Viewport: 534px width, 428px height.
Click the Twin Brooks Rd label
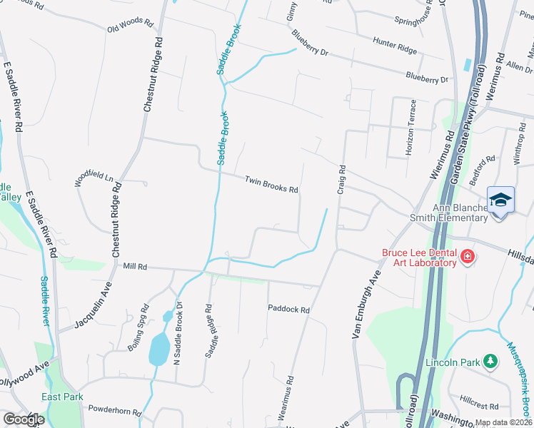click(271, 185)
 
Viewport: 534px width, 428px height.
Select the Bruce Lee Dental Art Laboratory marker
click(467, 256)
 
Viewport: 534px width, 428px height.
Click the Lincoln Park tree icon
click(490, 362)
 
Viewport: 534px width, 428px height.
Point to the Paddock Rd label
click(288, 310)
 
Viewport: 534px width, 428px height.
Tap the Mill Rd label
click(134, 266)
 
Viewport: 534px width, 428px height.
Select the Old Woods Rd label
click(130, 26)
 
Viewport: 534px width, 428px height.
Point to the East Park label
click(62, 397)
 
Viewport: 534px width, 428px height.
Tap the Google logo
click(24, 419)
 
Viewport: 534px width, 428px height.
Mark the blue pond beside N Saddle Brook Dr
click(158, 350)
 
